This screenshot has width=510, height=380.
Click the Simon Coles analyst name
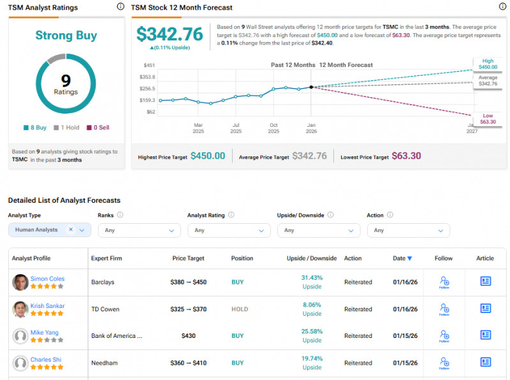tap(47, 279)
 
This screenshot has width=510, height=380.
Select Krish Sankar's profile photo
tap(20, 309)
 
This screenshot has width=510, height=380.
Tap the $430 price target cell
tap(188, 336)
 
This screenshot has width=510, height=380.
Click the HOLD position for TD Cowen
tap(240, 309)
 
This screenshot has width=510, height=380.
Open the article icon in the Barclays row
tap(485, 281)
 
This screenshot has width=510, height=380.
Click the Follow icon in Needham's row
tap(444, 363)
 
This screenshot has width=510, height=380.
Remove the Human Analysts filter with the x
tap(71, 230)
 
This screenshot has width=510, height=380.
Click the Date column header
tap(402, 258)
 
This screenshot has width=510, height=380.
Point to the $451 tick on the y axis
tap(149, 65)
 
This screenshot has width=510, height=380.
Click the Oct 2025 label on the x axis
tap(273, 128)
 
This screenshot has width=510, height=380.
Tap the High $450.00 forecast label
tap(488, 64)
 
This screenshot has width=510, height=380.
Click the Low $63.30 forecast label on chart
tap(488, 119)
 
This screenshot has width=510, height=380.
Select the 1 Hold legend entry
tap(66, 128)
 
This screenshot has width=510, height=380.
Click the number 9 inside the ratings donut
tap(66, 80)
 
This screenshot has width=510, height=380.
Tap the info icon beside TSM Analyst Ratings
tap(121, 6)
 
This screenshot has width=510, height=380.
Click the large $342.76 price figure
tap(170, 34)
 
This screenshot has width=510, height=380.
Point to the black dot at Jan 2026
tap(311, 87)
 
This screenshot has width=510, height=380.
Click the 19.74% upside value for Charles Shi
tap(312, 359)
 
